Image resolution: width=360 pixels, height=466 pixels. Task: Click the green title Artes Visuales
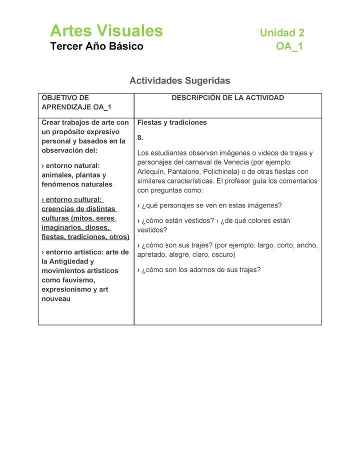[x=106, y=31]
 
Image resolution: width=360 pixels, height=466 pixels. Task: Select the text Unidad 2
[x=282, y=33]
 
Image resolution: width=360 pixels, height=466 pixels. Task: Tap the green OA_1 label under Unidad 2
[x=289, y=47]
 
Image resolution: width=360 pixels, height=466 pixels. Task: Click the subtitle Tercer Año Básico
[x=96, y=46]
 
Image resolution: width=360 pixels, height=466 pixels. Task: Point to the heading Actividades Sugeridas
[x=180, y=80]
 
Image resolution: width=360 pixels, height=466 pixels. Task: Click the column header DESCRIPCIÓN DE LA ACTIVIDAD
[x=227, y=98]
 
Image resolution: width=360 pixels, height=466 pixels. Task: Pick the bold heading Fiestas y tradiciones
[x=172, y=122]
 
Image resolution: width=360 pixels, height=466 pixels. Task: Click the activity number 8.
[x=140, y=137]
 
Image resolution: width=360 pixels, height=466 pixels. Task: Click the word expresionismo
[x=67, y=289]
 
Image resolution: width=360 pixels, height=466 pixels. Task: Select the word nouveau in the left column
[x=56, y=299]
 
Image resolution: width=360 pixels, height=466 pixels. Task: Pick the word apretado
[x=153, y=254]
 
